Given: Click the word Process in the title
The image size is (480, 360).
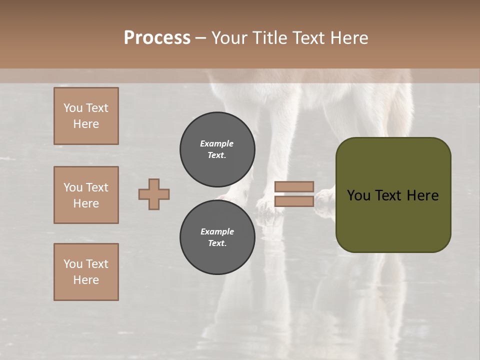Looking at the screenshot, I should coord(157,38).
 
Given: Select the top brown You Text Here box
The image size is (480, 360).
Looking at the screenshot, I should coord(86,116).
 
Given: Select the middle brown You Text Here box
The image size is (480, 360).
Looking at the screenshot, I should coord(86,195).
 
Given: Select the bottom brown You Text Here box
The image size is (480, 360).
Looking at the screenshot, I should coord(86,272).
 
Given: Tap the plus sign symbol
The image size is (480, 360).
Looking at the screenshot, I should coord(154,194).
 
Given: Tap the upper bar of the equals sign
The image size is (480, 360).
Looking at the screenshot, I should coord(294,187).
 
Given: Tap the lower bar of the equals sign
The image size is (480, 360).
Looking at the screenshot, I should coord(294,201).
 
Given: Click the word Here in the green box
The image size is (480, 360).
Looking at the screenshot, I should coord(422,195).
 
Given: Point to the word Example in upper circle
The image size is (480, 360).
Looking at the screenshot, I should coord(217,143).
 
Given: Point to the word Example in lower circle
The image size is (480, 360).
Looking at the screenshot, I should coord(217,231).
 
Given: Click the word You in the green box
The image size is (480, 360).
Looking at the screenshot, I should coord(358,195).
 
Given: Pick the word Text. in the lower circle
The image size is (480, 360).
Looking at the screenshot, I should coord(217,243).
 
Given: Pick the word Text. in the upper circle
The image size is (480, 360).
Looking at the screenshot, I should coord(217,155).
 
